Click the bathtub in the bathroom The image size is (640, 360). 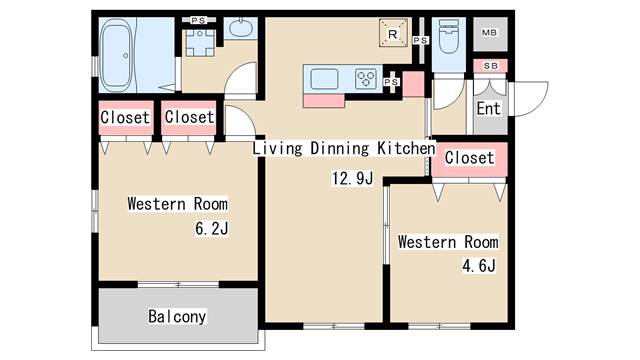(x=117, y=56)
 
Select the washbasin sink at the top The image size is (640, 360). (x=241, y=27)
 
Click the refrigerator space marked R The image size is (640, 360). (x=393, y=33)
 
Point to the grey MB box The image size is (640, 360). (x=490, y=34)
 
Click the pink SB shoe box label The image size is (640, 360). (x=491, y=66)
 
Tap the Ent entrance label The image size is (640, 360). (x=489, y=109)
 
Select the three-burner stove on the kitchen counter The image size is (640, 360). (x=366, y=78)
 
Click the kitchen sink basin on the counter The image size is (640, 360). (x=324, y=79)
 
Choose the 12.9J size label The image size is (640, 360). (x=352, y=178)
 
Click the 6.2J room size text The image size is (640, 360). (x=211, y=229)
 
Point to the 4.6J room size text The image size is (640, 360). (x=479, y=266)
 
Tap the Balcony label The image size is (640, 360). (x=177, y=317)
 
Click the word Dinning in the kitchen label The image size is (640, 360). (x=339, y=148)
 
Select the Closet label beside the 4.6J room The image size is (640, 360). (x=469, y=158)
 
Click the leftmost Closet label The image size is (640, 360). (x=125, y=118)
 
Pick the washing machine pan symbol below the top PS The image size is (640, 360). (x=200, y=42)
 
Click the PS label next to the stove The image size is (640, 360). (x=391, y=82)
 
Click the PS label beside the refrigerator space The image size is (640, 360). (x=420, y=40)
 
